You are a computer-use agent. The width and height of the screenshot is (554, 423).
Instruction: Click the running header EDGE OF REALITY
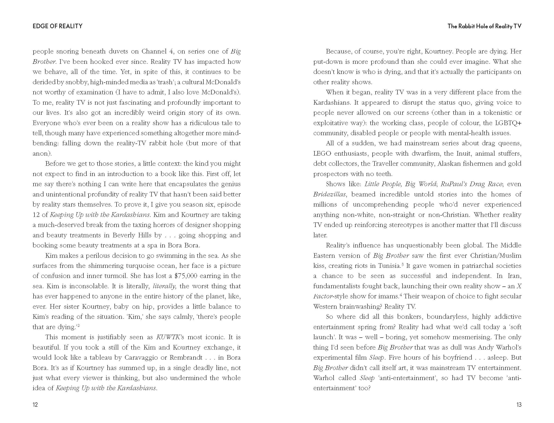click(x=57, y=26)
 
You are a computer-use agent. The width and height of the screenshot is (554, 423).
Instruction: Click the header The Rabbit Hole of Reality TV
click(x=484, y=26)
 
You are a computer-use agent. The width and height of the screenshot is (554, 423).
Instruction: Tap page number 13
click(x=519, y=405)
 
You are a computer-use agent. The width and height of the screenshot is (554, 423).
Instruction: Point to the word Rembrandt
click(x=186, y=358)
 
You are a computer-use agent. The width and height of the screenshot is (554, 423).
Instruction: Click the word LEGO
click(x=322, y=154)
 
